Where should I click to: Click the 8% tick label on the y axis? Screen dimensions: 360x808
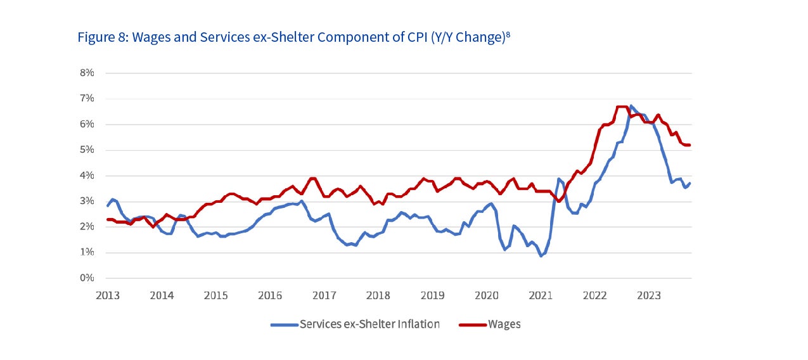tap(87, 73)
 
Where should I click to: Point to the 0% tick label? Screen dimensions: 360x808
tap(87, 278)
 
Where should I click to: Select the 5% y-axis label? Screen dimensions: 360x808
tap(87, 150)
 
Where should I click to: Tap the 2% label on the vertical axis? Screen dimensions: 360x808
tap(87, 227)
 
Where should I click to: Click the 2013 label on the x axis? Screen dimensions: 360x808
tap(108, 295)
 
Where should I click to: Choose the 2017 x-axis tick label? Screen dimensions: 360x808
tap(324, 295)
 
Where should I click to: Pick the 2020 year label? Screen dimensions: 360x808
tap(487, 295)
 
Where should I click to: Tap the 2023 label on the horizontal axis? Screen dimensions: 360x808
tap(649, 295)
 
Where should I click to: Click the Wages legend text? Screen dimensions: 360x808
tap(504, 325)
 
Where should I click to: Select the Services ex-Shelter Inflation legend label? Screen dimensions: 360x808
tap(369, 325)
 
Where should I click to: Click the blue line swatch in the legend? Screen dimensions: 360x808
tap(284, 325)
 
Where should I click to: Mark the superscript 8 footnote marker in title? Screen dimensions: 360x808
tap(508, 34)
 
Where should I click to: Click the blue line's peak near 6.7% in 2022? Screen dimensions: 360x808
tap(631, 106)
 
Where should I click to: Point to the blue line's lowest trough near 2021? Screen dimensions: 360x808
tap(541, 255)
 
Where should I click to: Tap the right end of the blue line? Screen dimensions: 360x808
tap(689, 183)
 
